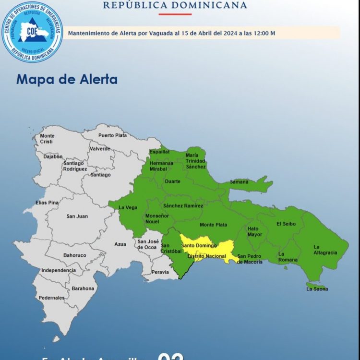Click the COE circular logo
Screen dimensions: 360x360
click(32, 31)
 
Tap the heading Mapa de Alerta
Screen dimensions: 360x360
click(67, 79)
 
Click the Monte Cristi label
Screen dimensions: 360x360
click(47, 139)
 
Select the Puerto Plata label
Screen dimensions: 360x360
click(113, 135)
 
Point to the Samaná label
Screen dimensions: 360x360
click(240, 181)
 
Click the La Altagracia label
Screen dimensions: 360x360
click(325, 250)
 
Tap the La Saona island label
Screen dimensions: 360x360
click(317, 289)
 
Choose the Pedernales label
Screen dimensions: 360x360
click(52, 298)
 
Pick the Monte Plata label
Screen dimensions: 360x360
click(213, 225)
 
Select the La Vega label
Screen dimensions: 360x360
click(128, 207)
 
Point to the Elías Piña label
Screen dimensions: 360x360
click(47, 203)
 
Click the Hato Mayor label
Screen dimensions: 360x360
click(255, 232)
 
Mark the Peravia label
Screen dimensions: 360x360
click(160, 272)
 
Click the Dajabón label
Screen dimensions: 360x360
click(53, 156)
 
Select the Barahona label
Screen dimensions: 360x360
click(83, 288)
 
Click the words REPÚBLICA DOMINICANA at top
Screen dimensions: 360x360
click(175, 6)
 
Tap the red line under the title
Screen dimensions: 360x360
click(175, 14)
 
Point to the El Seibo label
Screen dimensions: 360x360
click(286, 224)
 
